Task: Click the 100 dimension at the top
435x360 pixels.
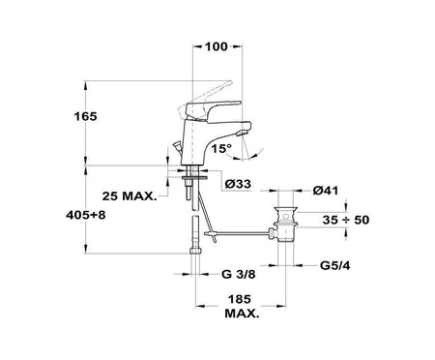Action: point(217,46)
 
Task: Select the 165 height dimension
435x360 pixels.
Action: point(85,116)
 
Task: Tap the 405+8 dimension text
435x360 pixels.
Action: point(86,215)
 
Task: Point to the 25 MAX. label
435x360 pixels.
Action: point(130,195)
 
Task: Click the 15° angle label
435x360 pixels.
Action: point(221,148)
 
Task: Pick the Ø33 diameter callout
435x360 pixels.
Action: point(238,184)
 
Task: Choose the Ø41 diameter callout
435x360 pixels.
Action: point(326,191)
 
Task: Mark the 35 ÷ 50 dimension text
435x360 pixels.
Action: point(346,220)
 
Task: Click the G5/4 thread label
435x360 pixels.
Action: point(335,265)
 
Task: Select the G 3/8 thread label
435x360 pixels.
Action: point(239,274)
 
